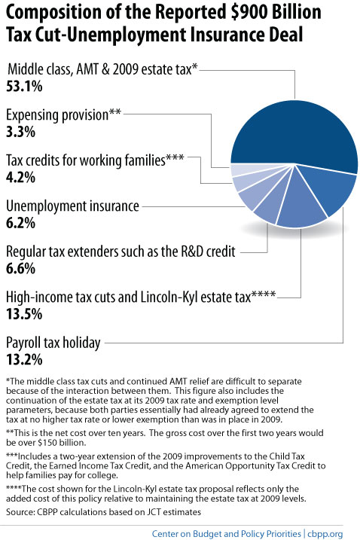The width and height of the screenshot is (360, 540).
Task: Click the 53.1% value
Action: tap(24, 86)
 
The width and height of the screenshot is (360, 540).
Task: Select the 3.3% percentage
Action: tap(20, 132)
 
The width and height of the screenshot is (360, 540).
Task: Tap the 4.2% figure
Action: tap(20, 177)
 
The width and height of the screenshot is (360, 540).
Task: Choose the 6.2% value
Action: tap(20, 223)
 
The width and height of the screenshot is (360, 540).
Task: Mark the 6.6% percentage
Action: tap(20, 268)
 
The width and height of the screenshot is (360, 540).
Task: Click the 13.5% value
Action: tap(24, 314)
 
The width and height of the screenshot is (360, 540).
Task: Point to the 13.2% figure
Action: tap(24, 359)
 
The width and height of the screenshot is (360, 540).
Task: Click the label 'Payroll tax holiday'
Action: tap(53, 343)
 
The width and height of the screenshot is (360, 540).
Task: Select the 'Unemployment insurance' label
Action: tap(73, 206)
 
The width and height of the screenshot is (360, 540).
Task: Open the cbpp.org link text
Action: tap(325, 534)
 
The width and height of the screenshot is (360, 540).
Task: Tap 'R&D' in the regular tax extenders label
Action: tap(192, 252)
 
